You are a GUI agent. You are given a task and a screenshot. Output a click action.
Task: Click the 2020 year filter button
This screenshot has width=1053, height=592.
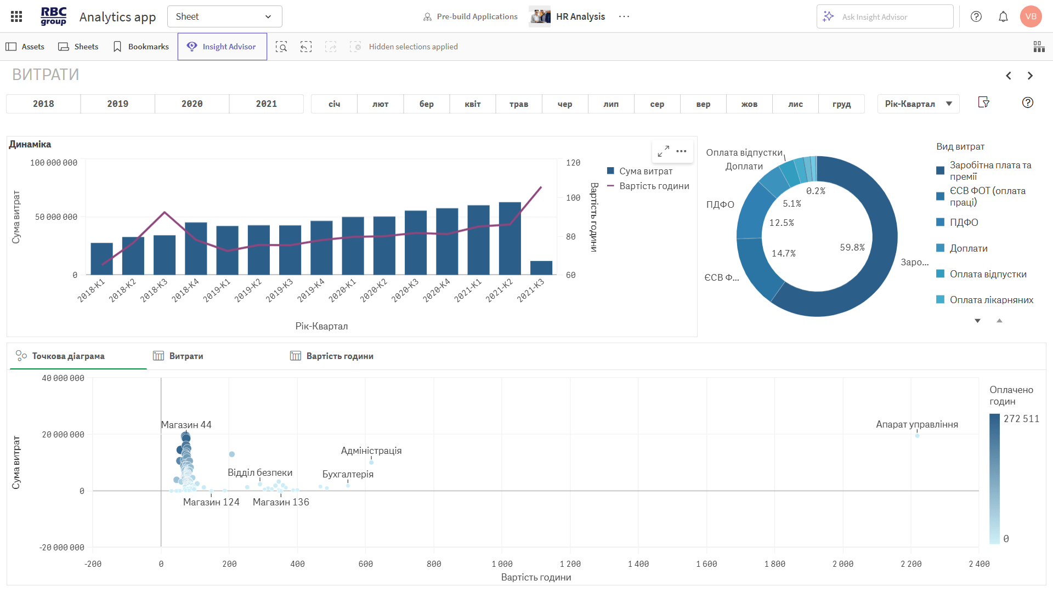point(192,104)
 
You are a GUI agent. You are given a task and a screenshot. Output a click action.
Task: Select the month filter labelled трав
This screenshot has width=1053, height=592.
point(518,104)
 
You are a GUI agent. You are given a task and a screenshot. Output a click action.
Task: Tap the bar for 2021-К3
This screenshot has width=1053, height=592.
point(541,268)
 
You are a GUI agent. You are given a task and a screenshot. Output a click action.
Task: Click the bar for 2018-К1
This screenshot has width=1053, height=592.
point(101,259)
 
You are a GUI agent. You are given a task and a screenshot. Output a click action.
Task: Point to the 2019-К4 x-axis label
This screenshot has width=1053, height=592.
point(311,291)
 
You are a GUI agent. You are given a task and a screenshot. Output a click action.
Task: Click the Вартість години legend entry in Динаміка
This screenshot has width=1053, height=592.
point(654,186)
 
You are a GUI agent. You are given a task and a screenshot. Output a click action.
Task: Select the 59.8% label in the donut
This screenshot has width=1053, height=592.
point(852,248)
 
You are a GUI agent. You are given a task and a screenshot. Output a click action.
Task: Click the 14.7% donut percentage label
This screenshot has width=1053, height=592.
point(783,253)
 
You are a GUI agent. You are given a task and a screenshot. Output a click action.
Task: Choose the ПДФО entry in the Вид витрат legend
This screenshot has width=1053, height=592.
point(964,223)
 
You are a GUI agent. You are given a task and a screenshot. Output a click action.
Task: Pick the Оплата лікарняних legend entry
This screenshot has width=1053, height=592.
point(991,300)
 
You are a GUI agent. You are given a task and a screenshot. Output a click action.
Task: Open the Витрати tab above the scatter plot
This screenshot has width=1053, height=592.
point(186,356)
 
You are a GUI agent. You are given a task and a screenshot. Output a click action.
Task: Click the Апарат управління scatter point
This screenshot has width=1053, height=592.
point(917,435)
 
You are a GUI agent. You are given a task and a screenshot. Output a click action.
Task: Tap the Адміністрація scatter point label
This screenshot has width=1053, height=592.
point(371,451)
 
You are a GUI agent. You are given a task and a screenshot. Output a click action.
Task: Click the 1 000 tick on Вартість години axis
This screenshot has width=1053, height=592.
point(502,564)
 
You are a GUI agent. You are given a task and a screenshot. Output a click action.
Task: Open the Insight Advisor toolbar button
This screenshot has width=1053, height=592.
point(222,47)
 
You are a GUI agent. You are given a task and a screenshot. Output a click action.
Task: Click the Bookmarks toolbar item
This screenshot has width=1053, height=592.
point(141,47)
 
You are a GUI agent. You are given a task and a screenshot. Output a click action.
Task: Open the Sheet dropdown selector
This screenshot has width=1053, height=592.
point(224,16)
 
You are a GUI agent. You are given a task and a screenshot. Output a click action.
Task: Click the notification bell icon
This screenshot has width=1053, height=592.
point(1003,16)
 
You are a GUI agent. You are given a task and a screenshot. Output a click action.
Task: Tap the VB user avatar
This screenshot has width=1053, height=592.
point(1031,16)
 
